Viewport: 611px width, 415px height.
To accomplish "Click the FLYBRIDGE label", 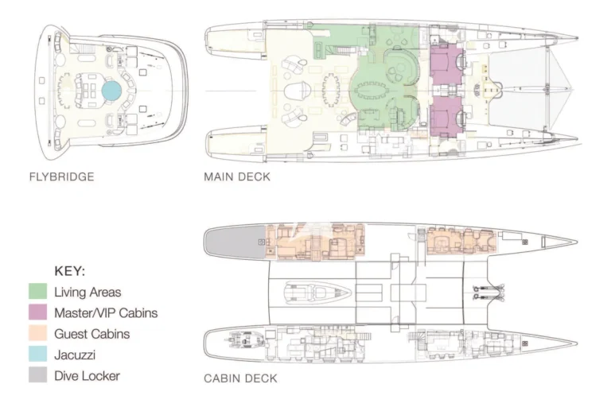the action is (61, 176).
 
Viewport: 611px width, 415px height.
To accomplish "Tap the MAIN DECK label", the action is (237, 176).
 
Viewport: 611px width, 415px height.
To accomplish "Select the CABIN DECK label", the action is (240, 378).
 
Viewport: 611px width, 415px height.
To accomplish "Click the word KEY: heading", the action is (70, 271).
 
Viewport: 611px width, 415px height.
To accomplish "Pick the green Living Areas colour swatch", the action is (38, 292).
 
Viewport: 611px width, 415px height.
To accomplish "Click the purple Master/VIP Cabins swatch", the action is (38, 312).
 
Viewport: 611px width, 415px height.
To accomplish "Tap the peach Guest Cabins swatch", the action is (38, 334).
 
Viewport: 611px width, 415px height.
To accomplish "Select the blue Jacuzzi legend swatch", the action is (38, 355).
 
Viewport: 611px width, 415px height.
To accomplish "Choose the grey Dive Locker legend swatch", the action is (38, 375).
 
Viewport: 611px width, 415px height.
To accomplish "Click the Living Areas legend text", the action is (88, 292).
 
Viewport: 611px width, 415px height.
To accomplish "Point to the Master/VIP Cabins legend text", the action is (106, 313).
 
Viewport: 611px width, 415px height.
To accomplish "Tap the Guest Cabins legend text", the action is (92, 334).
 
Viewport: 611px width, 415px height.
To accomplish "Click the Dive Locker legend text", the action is (87, 376).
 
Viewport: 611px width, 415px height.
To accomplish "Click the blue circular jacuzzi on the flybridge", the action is (111, 91).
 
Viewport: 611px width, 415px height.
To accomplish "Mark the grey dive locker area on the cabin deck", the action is (235, 242).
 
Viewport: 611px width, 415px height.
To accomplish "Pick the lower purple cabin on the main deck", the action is (446, 116).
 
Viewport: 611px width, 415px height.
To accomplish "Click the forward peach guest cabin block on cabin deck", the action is (461, 242).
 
